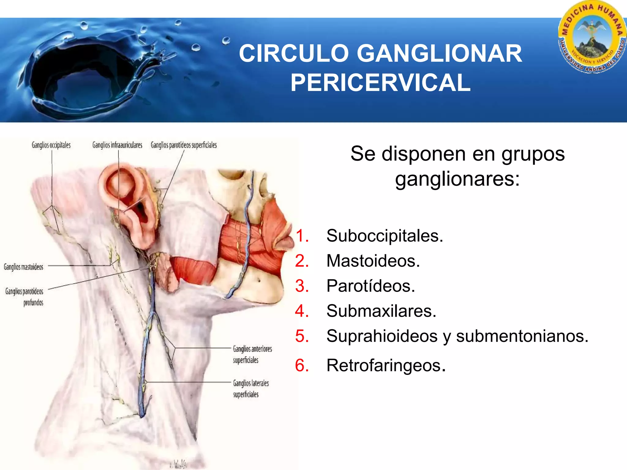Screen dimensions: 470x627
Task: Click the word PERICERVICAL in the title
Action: [380, 83]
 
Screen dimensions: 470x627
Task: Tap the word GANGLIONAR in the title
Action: [439, 54]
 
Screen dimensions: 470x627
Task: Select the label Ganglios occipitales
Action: [51, 145]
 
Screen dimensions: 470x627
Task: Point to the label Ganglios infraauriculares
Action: [117, 145]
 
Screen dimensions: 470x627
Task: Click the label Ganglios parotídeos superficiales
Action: [184, 145]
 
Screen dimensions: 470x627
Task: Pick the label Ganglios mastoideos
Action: [24, 267]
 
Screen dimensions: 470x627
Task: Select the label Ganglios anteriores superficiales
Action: [252, 354]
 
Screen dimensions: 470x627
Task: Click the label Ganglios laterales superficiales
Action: [251, 389]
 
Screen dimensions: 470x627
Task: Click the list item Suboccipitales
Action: [385, 236]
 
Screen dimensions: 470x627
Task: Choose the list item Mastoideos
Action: [373, 261]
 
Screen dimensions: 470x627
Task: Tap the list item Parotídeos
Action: [370, 286]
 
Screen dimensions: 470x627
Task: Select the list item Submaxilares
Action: [381, 311]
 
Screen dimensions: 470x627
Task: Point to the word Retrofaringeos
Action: [386, 365]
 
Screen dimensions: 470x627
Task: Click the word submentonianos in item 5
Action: [522, 336]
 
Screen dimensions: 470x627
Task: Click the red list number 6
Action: [302, 365]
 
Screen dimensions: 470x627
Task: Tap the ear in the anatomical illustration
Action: [129, 205]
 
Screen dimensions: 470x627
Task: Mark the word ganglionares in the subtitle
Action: [457, 179]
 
